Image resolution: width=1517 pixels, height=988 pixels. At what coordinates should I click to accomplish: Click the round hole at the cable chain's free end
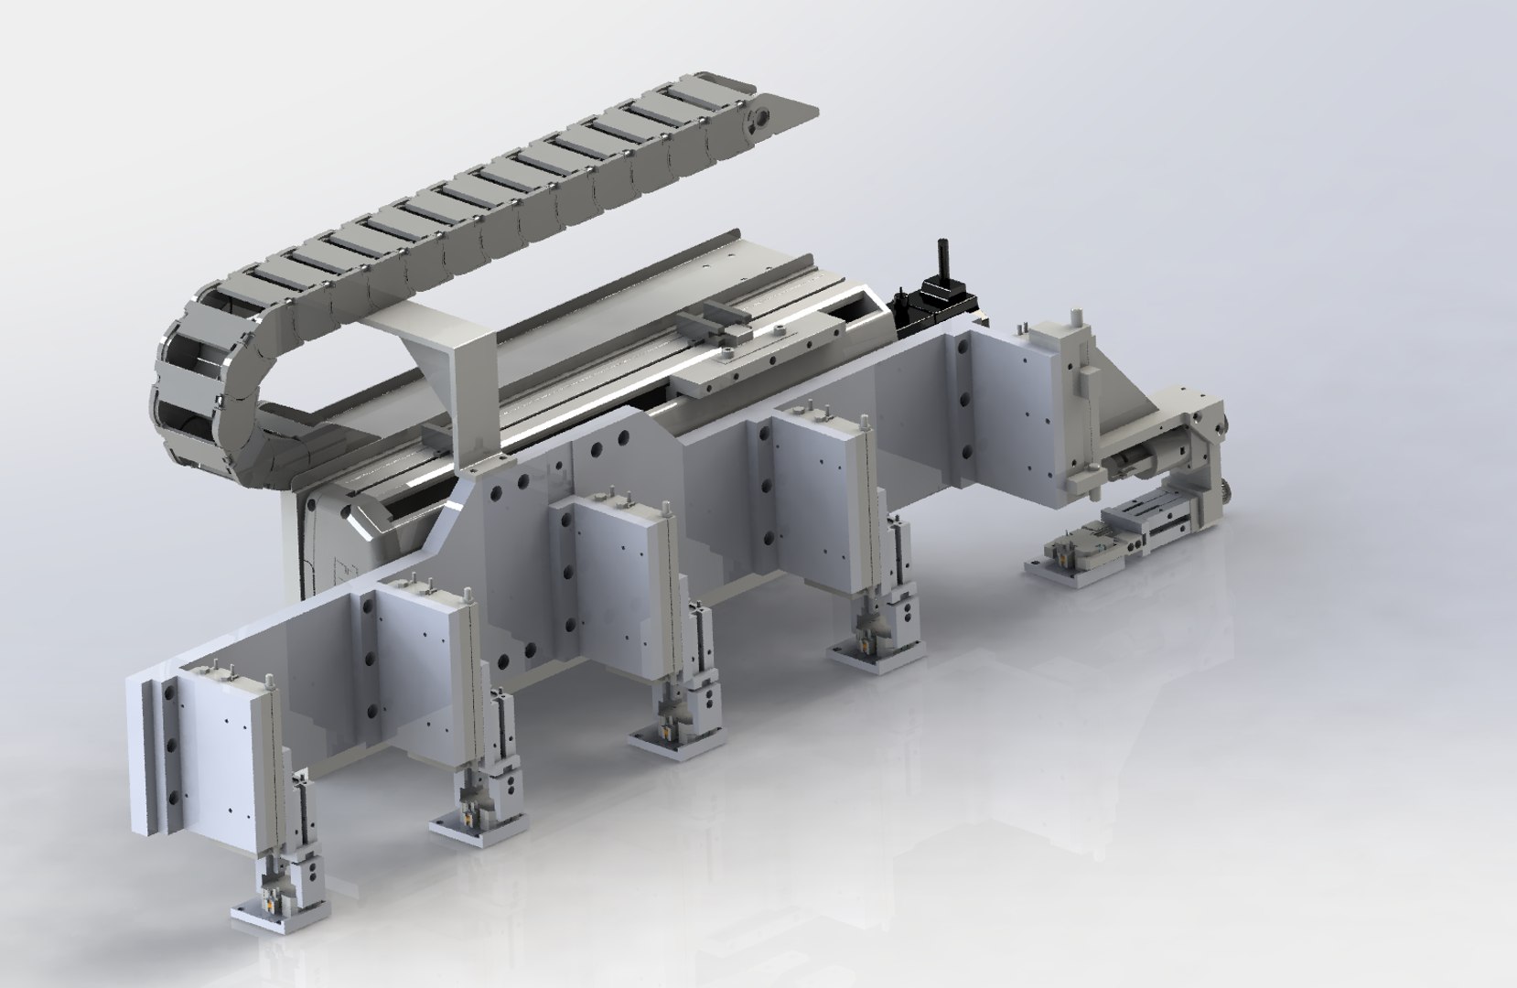point(758,121)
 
